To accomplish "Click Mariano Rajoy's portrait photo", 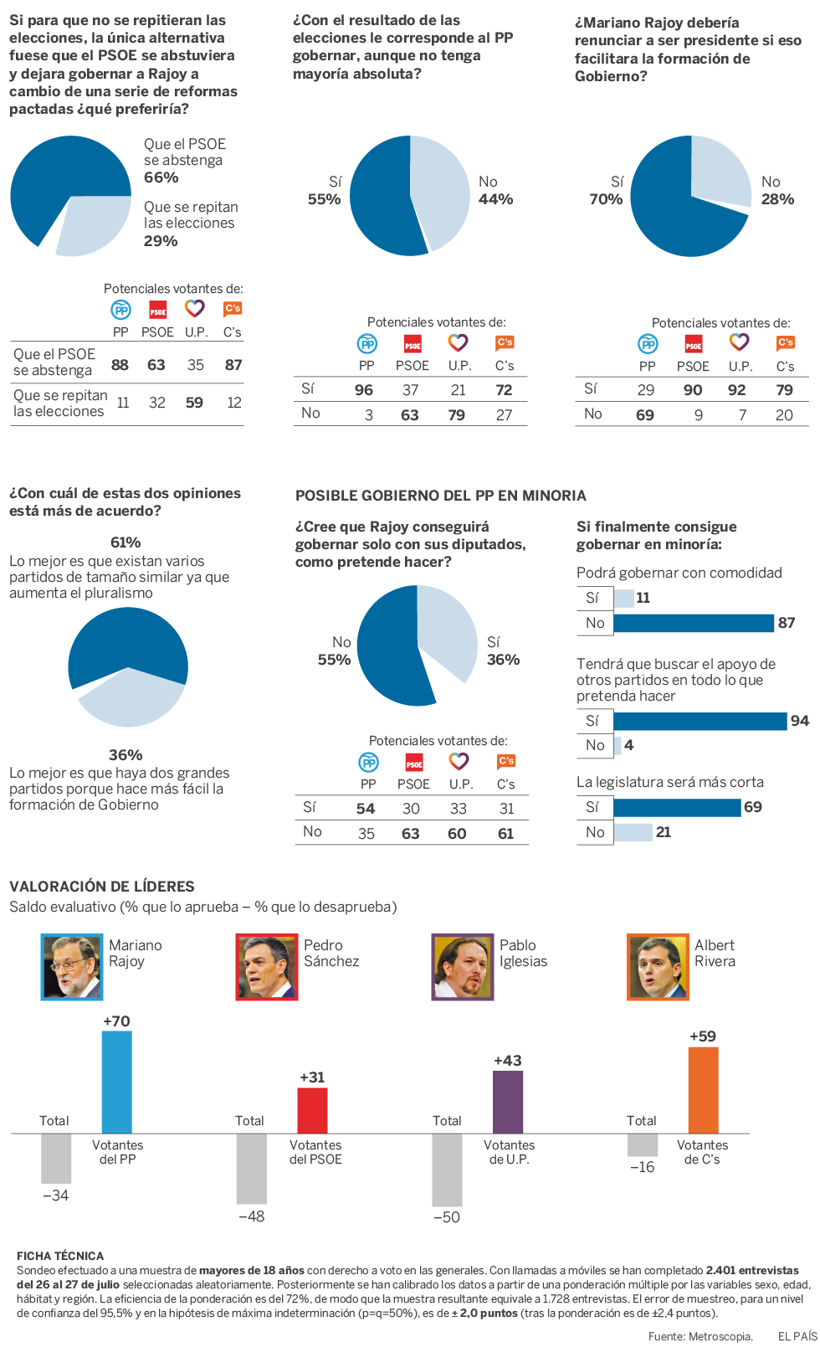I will tap(72, 967).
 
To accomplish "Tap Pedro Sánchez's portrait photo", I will tap(267, 967).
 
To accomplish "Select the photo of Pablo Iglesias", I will tap(463, 967).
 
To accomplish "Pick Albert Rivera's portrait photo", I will tap(658, 967).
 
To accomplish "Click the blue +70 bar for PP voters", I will tap(117, 1082).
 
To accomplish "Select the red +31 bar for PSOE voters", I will tap(312, 1110).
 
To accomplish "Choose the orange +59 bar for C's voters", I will tap(703, 1090).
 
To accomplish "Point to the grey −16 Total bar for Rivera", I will tap(643, 1144).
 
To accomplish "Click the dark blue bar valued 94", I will tap(700, 721).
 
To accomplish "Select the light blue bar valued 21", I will tap(633, 832).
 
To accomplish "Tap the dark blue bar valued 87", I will tap(694, 623).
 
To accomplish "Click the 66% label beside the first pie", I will tap(161, 177).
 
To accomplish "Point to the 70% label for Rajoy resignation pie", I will tap(606, 199).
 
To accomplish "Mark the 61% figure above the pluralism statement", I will tap(126, 542).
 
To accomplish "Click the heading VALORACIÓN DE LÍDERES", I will tap(102, 887).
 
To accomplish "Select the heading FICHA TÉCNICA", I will tap(60, 1256).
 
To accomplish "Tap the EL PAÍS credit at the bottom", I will tap(797, 1336).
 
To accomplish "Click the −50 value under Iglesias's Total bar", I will tap(447, 1217).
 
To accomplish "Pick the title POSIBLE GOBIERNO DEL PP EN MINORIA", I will tap(441, 496).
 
